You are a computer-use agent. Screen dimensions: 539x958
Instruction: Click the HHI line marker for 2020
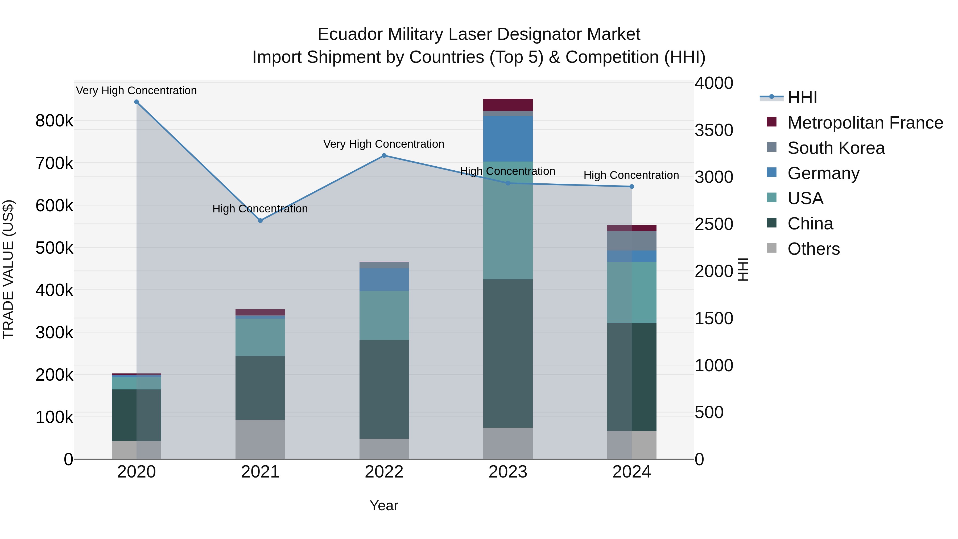(137, 102)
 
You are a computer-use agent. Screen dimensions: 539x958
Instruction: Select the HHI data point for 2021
(260, 221)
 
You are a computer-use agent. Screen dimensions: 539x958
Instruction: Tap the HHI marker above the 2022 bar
(384, 155)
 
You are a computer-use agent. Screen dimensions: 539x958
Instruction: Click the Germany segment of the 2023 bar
(508, 138)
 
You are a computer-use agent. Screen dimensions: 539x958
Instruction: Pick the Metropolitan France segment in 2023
(508, 105)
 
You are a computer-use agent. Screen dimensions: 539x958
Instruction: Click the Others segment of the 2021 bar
(260, 439)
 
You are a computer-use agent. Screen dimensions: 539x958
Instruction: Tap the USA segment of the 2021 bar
(260, 337)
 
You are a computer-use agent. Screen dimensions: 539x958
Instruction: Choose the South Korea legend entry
(836, 148)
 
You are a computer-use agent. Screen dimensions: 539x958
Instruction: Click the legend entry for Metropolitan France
(865, 123)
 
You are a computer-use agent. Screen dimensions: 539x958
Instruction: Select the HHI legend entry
(802, 97)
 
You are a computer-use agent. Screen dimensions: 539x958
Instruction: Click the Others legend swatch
(772, 248)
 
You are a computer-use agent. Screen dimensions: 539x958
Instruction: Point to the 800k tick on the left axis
(54, 121)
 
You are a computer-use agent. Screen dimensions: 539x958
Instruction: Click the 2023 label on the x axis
(508, 472)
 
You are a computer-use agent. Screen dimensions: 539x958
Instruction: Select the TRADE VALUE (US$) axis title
(9, 269)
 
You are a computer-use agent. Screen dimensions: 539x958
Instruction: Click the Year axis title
(384, 505)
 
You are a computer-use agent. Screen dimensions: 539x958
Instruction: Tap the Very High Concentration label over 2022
(383, 144)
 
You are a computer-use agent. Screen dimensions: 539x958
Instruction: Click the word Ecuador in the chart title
(350, 34)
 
